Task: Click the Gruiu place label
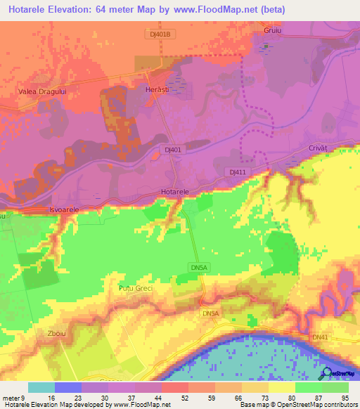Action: click(273, 32)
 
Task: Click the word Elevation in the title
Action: click(85, 8)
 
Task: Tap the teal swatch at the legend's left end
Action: click(41, 387)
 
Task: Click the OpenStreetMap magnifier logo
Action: click(326, 373)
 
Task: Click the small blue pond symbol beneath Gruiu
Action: click(266, 47)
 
